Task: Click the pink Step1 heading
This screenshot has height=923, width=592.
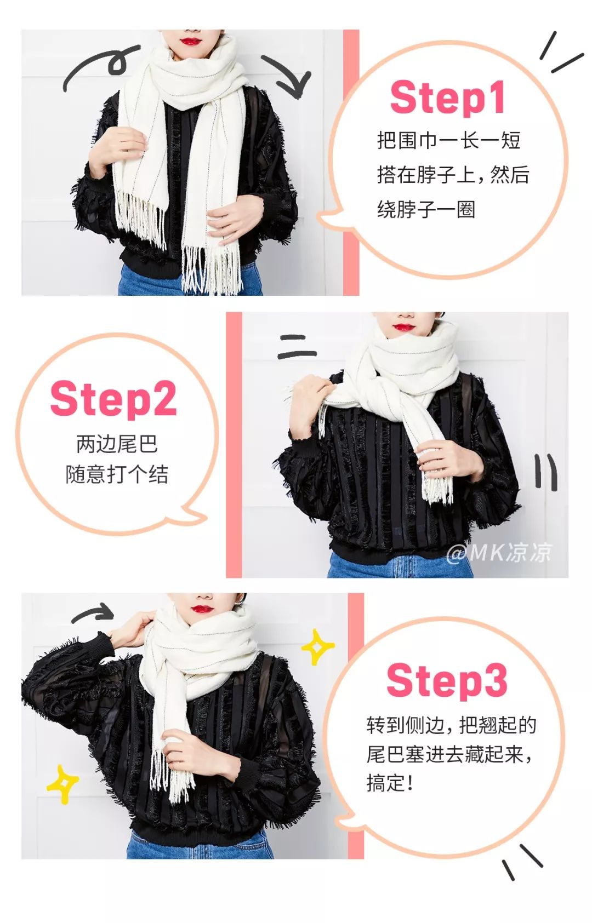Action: pyautogui.click(x=447, y=98)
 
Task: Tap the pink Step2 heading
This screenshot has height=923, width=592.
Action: pyautogui.click(x=113, y=398)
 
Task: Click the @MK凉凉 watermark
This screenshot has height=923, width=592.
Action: pyautogui.click(x=499, y=552)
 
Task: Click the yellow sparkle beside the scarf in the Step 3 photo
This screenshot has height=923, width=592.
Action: pyautogui.click(x=317, y=647)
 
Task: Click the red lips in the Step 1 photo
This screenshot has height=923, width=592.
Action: pyautogui.click(x=190, y=41)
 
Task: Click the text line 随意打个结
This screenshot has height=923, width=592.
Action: pyautogui.click(x=117, y=475)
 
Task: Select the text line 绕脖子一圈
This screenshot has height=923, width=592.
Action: pyautogui.click(x=426, y=210)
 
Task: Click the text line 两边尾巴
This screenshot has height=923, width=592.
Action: pyautogui.click(x=117, y=444)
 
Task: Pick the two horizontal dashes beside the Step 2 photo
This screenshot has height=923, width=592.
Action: pyautogui.click(x=297, y=347)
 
